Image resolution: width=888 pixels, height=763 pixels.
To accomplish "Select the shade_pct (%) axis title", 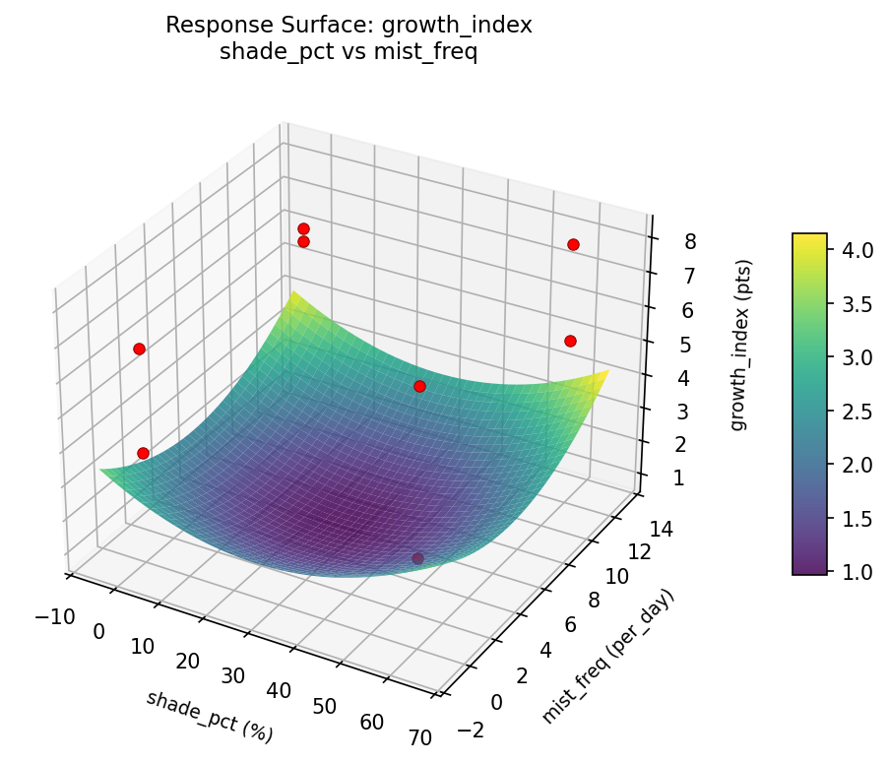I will point(210,716).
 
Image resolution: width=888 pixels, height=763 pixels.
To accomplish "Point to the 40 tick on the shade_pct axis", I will point(279,691).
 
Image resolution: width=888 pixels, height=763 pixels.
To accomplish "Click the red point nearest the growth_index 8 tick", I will point(573,244).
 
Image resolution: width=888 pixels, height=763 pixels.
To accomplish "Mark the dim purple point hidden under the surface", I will point(417,558).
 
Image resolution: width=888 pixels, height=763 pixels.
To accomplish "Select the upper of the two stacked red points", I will point(303,228).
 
